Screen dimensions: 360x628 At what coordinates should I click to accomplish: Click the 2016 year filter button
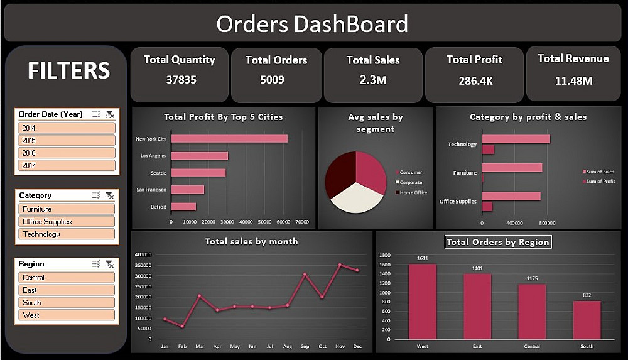66,153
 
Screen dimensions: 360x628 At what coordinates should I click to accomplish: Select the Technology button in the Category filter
66,234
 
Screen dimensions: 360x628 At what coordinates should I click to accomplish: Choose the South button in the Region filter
66,303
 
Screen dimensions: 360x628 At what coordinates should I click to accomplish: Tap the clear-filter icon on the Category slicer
110,195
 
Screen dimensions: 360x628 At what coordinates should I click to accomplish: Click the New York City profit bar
229,139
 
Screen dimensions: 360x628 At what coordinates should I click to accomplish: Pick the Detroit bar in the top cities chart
183,207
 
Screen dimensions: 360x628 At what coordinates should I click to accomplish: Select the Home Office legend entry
413,192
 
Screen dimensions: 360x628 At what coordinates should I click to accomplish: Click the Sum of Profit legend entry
600,182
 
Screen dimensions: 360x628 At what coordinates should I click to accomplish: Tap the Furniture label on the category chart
465,173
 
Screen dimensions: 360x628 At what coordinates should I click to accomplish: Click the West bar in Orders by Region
422,302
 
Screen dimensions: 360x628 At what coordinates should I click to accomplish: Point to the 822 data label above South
587,295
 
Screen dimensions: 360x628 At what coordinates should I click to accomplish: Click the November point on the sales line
340,265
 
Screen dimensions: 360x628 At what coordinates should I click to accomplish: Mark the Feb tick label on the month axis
182,346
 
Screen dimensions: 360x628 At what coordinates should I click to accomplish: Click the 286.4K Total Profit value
474,80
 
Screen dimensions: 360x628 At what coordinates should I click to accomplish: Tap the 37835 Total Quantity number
179,80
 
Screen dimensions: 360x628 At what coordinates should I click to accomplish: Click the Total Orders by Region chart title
497,242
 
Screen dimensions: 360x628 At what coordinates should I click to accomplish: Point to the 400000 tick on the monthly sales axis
144,254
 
